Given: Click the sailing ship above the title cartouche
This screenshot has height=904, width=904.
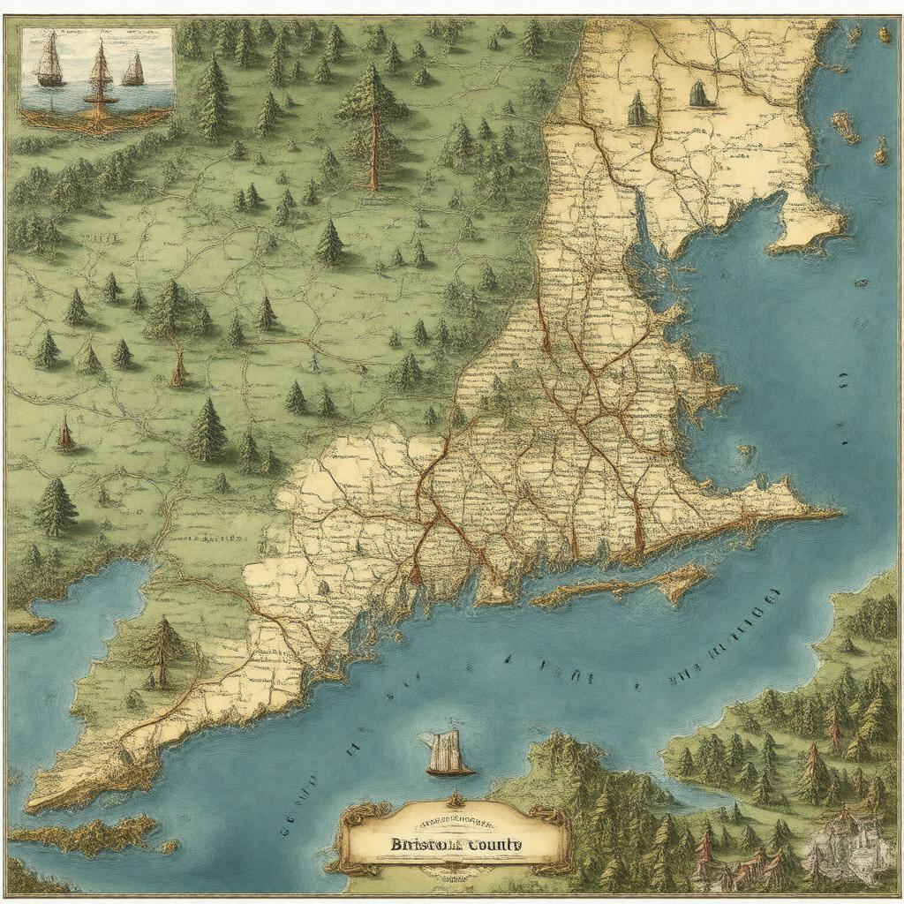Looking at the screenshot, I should click(x=448, y=753).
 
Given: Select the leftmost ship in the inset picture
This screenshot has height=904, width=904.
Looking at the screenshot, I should click(x=50, y=61).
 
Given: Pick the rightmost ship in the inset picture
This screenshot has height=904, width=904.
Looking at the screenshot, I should click(x=133, y=70).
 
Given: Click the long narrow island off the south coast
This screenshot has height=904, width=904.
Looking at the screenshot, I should click(x=618, y=586).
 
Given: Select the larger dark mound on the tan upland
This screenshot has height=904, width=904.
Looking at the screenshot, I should click(x=702, y=94).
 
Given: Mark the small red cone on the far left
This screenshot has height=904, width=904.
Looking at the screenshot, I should click(x=64, y=434).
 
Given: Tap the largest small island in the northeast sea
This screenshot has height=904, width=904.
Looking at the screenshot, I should click(x=844, y=126).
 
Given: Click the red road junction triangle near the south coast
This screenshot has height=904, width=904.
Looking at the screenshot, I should click(x=415, y=574).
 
